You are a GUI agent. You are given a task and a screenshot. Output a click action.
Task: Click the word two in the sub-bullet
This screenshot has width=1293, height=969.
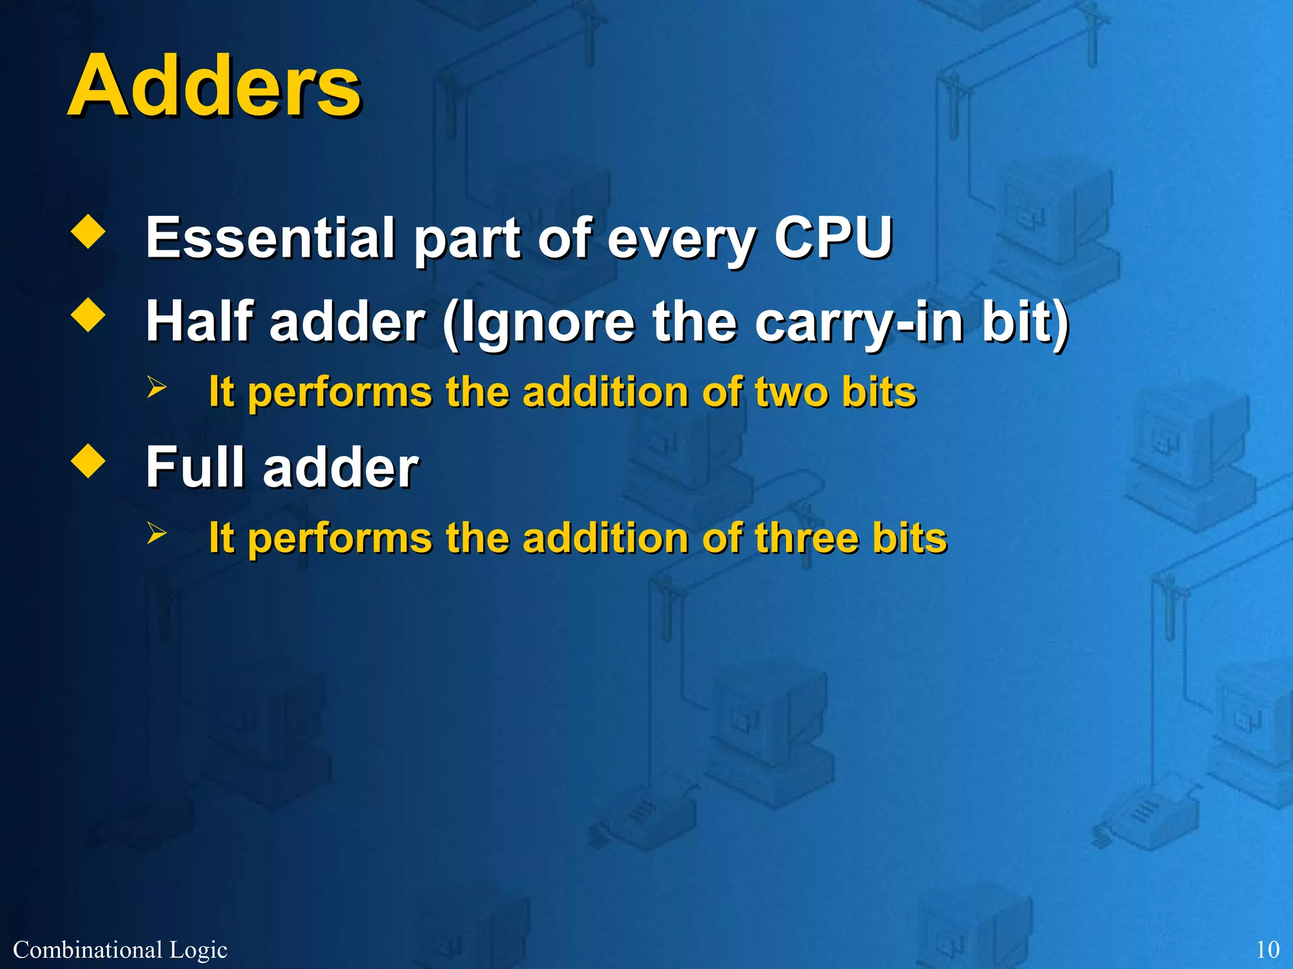coord(791,392)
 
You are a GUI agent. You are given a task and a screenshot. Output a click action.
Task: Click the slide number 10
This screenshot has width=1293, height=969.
coord(1268,949)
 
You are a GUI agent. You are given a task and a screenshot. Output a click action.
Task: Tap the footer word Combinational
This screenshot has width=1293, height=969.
coord(88,949)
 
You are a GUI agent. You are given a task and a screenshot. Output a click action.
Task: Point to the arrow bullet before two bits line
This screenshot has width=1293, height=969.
coord(156,387)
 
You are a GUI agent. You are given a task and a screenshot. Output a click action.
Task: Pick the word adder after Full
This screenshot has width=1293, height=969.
coord(341,467)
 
